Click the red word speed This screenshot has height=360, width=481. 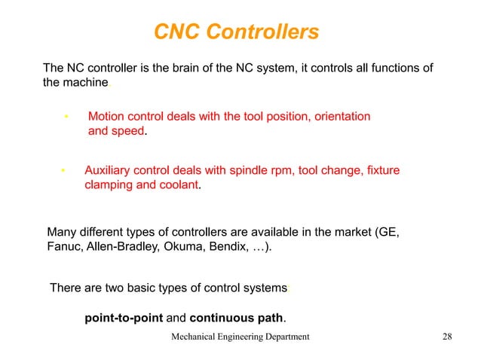[127, 132]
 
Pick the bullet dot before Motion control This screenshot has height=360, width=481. [66, 117]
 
